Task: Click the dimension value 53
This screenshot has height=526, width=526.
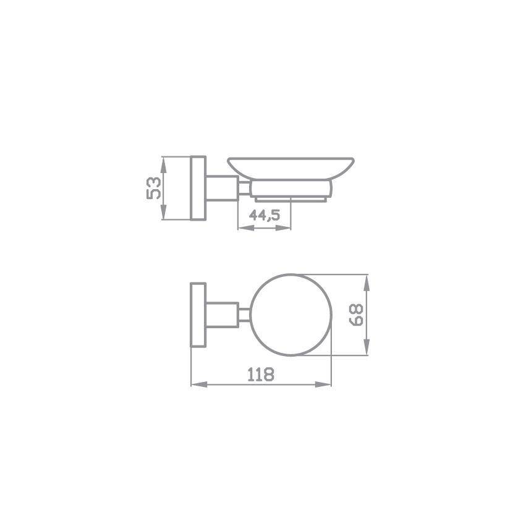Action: pyautogui.click(x=154, y=188)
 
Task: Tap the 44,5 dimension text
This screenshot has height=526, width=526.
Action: pyautogui.click(x=265, y=215)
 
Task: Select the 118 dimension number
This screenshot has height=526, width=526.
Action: pyautogui.click(x=261, y=375)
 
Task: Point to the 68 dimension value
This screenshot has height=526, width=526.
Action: pyautogui.click(x=356, y=315)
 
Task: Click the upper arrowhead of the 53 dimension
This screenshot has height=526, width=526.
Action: pyautogui.click(x=163, y=164)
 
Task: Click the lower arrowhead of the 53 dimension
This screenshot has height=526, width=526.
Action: pyautogui.click(x=163, y=212)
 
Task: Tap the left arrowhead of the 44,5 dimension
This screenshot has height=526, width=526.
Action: pyautogui.click(x=245, y=228)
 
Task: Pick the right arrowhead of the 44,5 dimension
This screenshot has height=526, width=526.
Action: pyautogui.click(x=283, y=228)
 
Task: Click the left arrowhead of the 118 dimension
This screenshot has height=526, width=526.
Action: pyautogui.click(x=199, y=384)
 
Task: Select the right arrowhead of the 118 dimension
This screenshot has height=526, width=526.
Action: pyautogui.click(x=323, y=384)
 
